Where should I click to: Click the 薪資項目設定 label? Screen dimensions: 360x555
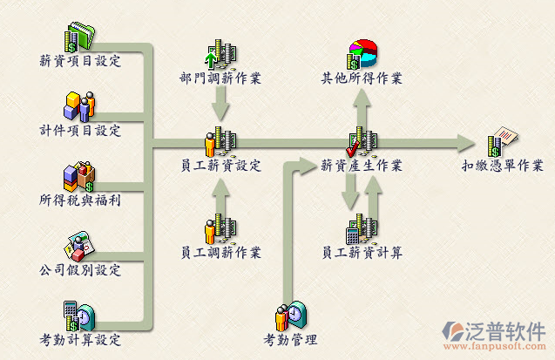pyautogui.click(x=80, y=61)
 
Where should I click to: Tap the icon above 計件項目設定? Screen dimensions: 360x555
pyautogui.click(x=79, y=106)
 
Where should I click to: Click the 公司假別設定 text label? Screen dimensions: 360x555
pyautogui.click(x=80, y=270)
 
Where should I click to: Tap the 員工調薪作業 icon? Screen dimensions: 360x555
pyautogui.click(x=220, y=228)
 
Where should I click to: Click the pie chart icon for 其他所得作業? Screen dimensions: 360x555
pyautogui.click(x=362, y=54)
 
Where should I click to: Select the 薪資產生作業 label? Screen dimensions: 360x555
pyautogui.click(x=362, y=165)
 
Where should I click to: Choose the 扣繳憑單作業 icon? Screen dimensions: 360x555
pyautogui.click(x=503, y=139)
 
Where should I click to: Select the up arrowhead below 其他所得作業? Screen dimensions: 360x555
pyautogui.click(x=362, y=98)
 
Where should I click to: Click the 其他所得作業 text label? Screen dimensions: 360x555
pyautogui.click(x=362, y=78)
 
